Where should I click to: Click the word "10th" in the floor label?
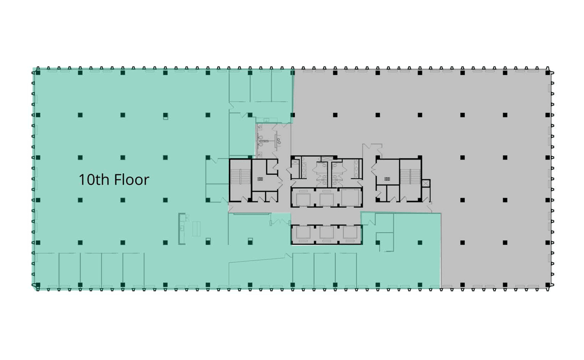(94, 180)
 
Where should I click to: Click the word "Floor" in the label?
(131, 180)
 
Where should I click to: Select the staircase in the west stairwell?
(239, 180)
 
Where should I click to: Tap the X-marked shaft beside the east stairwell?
(426, 183)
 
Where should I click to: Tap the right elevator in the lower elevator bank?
(349, 234)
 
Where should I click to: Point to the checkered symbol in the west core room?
(259, 179)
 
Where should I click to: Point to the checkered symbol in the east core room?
(387, 179)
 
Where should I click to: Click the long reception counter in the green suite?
(182, 228)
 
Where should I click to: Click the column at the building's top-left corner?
(37, 72)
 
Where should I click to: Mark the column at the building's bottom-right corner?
(547, 285)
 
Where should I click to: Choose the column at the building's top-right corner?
(547, 72)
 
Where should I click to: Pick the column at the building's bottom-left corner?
(37, 285)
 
